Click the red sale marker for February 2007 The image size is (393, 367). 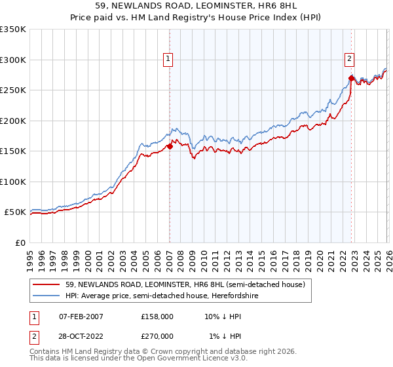tap(170, 147)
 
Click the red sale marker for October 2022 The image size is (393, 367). tap(351, 79)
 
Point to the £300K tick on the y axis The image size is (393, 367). tap(13, 60)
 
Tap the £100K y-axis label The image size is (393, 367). tap(13, 182)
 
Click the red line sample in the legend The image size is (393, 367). tap(48, 285)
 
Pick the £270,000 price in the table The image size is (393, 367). tap(157, 336)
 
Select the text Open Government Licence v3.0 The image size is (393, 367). tap(193, 358)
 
